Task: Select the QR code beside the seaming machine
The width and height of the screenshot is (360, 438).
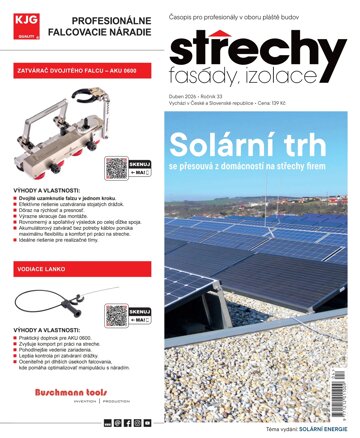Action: (x=117, y=168)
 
